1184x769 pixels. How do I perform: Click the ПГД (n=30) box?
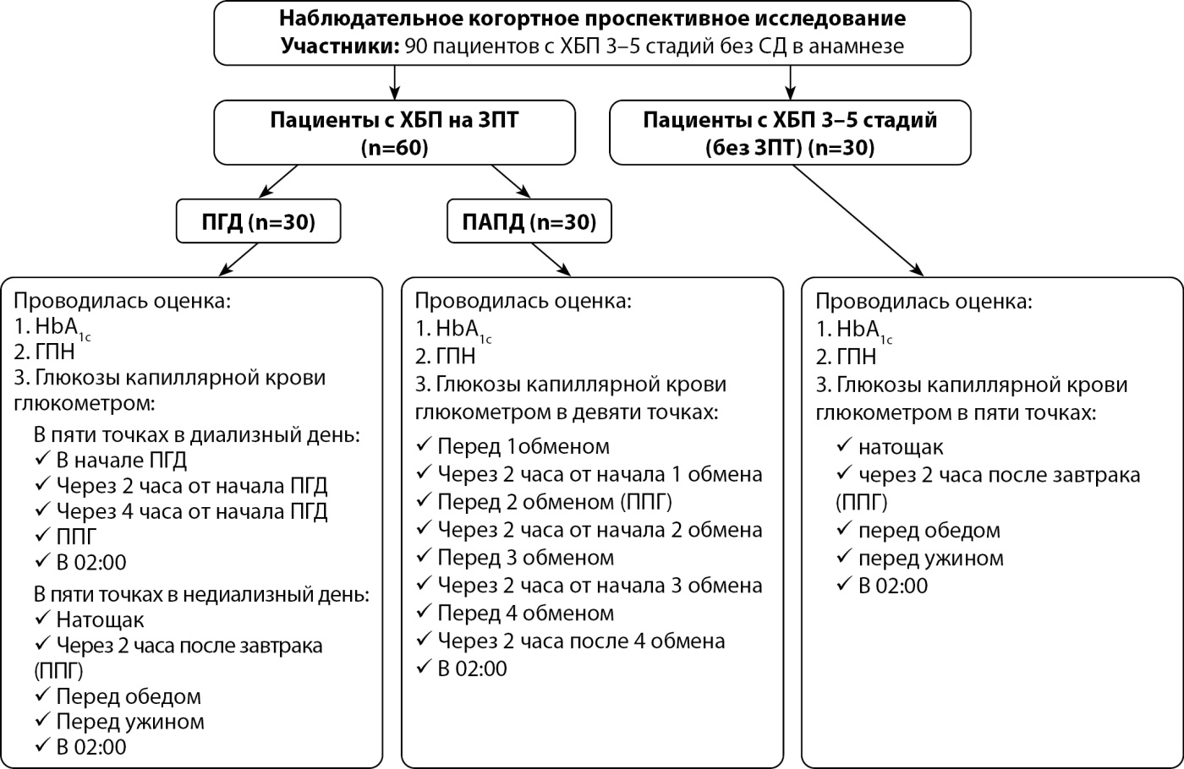point(259,221)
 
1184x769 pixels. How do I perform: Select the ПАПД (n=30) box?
point(529,221)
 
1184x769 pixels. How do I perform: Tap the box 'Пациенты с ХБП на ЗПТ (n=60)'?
point(394,133)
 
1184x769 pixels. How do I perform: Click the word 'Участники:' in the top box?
point(339,46)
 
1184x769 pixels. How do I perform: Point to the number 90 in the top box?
point(415,46)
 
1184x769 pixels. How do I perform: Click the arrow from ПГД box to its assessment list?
point(238,259)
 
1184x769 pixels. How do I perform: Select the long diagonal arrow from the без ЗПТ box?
point(858,221)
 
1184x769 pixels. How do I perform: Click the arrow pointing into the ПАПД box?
point(511,181)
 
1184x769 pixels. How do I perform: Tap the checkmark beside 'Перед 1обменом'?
point(424,444)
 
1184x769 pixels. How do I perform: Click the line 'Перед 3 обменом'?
point(526,558)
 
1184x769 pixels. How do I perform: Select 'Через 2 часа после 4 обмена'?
point(582,641)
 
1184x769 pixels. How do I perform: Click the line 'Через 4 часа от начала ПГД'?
point(192,511)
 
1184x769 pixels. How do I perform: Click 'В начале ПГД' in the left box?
point(122,460)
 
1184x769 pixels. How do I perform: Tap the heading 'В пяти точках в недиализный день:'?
point(201,594)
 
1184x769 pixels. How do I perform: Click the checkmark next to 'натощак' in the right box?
point(845,445)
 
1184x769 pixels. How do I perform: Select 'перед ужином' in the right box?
point(931,559)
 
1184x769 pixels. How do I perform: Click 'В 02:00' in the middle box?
point(472,668)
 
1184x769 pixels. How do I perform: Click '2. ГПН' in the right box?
point(846,357)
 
